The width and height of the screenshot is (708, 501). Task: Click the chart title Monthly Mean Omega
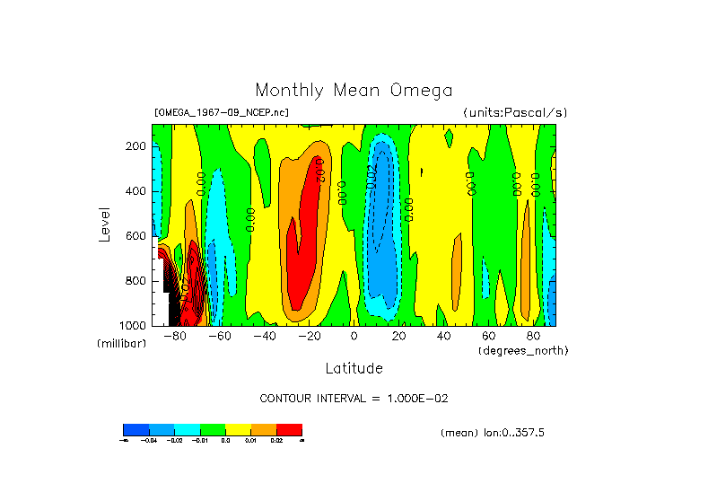pyautogui.click(x=354, y=91)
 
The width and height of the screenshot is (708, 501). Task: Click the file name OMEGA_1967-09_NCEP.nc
pyautogui.click(x=222, y=113)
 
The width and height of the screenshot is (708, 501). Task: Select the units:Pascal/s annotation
pyautogui.click(x=515, y=113)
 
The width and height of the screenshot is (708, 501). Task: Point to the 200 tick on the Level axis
pyautogui.click(x=136, y=146)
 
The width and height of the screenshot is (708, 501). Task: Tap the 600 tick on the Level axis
pyautogui.click(x=136, y=236)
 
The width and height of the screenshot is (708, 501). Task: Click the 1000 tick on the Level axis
pyautogui.click(x=134, y=325)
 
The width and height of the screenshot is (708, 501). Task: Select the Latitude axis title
pyautogui.click(x=354, y=368)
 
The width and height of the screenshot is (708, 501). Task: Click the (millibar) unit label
pyautogui.click(x=121, y=345)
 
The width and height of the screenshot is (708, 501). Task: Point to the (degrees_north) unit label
pyautogui.click(x=523, y=349)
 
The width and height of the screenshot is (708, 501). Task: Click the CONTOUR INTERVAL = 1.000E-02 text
pyautogui.click(x=354, y=398)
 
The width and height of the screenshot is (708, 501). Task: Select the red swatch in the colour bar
pyautogui.click(x=289, y=429)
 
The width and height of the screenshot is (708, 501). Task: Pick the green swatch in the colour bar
pyautogui.click(x=213, y=429)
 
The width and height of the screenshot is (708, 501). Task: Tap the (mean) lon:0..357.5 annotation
pyautogui.click(x=493, y=433)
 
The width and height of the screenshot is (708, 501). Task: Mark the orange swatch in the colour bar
pyautogui.click(x=264, y=429)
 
